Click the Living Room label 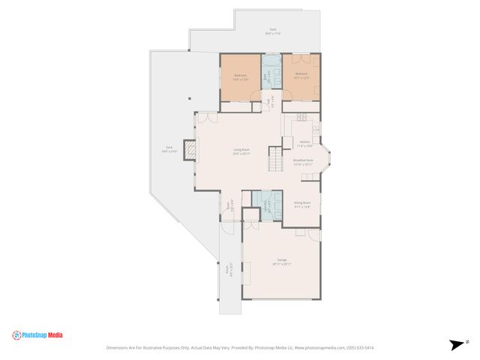coord(241,151)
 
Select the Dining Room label coord(302,204)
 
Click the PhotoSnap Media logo coord(37,335)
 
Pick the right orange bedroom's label coord(301,75)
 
